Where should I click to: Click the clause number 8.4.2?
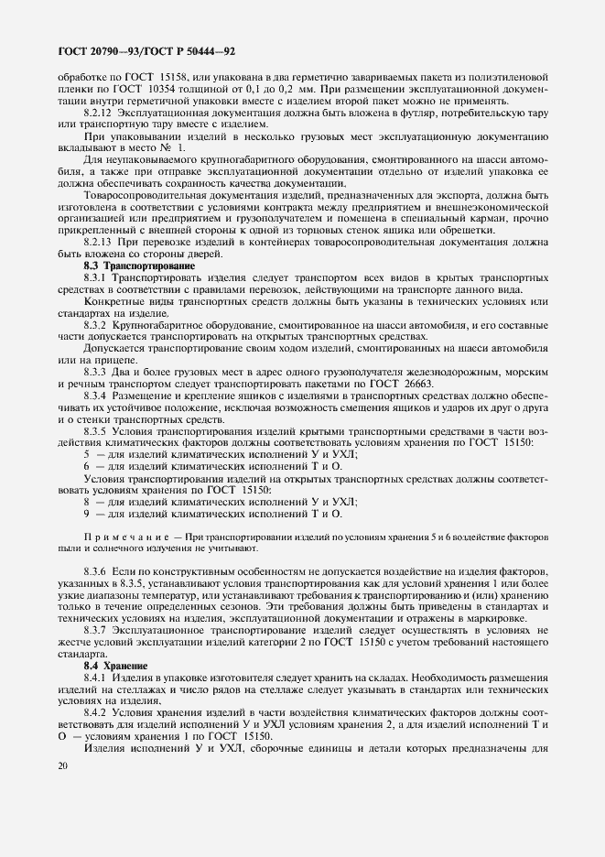click(x=98, y=711)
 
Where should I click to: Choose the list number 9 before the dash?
click(x=87, y=514)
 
